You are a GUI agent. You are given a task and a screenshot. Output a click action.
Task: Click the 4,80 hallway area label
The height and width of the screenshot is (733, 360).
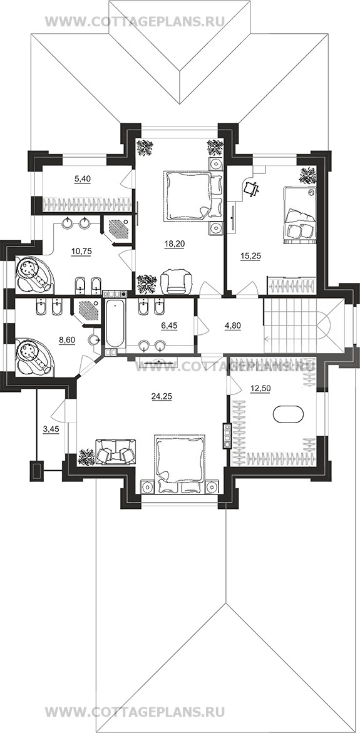[233, 327]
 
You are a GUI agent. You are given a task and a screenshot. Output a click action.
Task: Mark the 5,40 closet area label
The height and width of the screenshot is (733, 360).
[81, 178]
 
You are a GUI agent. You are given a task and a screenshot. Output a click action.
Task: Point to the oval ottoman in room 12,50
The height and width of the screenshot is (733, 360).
[288, 414]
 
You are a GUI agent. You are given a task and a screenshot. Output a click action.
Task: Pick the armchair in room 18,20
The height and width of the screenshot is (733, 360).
[177, 283]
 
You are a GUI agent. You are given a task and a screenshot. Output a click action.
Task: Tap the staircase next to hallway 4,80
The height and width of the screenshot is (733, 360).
[304, 326]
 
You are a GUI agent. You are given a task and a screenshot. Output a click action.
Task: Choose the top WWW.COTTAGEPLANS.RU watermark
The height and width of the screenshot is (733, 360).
[135, 21]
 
